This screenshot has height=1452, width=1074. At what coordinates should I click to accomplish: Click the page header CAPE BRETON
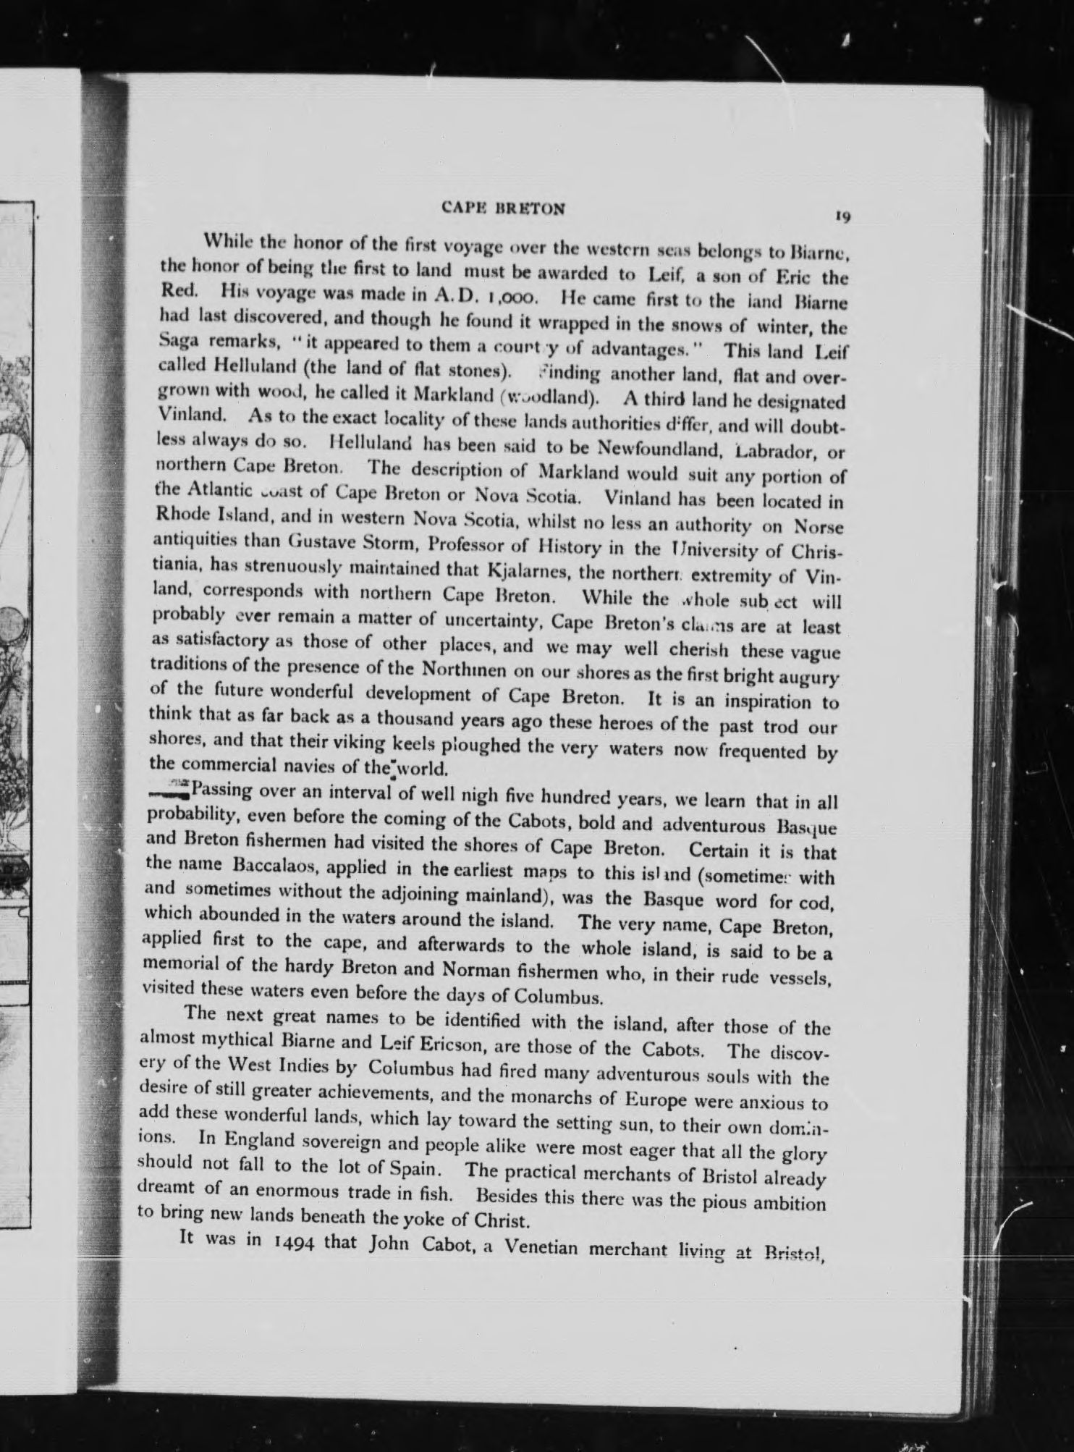pos(503,208)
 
